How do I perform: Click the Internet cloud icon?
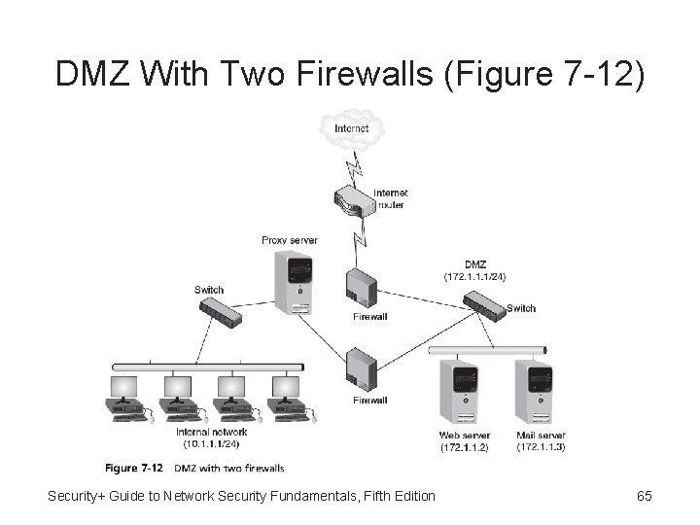pos(351,129)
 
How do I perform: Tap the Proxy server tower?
pos(294,282)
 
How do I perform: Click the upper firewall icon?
pos(362,289)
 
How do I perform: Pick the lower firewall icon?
pos(362,369)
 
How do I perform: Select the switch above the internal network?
pos(223,311)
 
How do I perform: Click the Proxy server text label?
pos(290,240)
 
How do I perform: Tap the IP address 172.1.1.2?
pos(465,447)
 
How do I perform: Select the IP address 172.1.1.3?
pos(541,447)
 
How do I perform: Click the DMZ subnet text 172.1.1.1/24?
pos(475,276)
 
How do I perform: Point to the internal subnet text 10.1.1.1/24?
pos(212,444)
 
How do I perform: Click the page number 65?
pos(644,496)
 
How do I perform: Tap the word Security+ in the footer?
pos(81,496)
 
